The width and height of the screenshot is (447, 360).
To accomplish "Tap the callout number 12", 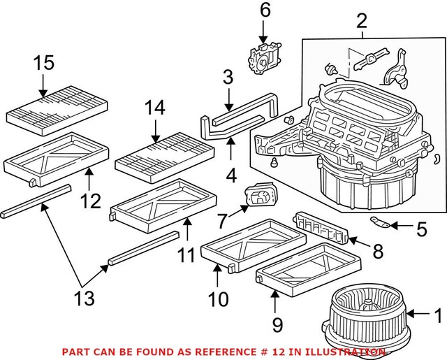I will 90,202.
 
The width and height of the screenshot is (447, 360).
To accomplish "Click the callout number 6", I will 264,10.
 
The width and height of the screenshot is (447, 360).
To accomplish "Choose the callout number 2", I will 361,21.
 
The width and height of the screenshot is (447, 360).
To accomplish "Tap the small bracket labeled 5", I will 379,224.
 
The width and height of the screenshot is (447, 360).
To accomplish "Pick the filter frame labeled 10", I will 251,245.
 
